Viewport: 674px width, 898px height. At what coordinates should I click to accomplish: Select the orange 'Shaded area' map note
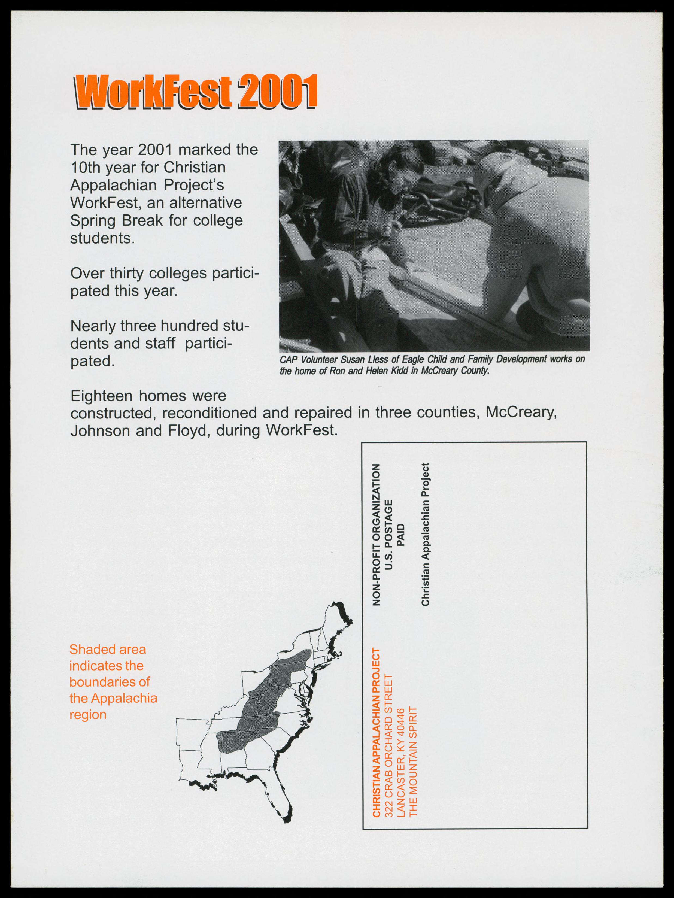108,650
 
